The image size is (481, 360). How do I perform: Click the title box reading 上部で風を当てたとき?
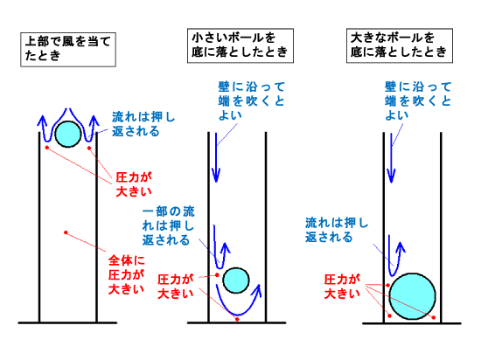[68, 49]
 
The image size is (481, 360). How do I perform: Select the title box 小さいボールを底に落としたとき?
[240, 45]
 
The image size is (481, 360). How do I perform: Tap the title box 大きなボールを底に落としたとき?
[400, 45]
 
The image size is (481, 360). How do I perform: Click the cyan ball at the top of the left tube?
[68, 134]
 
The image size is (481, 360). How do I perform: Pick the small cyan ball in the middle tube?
[236, 280]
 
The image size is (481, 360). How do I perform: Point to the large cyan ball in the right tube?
[412, 296]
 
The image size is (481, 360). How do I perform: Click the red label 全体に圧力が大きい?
[127, 275]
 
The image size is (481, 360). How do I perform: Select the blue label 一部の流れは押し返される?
[168, 225]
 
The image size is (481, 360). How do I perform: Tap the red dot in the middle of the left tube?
[66, 232]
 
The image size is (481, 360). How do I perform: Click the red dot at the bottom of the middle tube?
[237, 319]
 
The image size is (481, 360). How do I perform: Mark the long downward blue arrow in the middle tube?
[216, 157]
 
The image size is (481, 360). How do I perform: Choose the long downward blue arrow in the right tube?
[391, 158]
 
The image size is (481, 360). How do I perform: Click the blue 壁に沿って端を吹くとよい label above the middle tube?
[252, 101]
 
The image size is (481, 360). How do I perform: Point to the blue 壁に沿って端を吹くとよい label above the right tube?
[418, 101]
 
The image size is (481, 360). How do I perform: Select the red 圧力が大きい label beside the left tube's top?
[134, 184]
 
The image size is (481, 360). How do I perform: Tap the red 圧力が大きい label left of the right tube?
[342, 287]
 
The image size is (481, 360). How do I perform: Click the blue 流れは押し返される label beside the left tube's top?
[143, 124]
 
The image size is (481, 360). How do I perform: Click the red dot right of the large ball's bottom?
[434, 317]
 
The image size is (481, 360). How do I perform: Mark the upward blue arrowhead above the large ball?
[401, 246]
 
